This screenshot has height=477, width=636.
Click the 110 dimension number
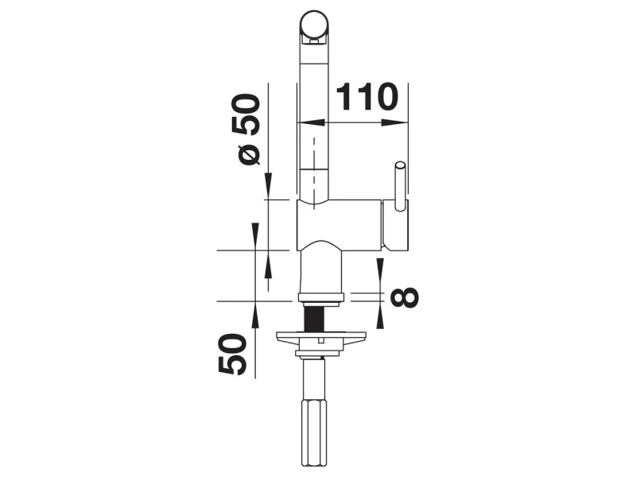tap(367, 97)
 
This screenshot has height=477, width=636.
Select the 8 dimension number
tap(404, 297)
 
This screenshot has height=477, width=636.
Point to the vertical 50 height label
tap(232, 354)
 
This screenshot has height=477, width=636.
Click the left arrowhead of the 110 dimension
tap(312, 122)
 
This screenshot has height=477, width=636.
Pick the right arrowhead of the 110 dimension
tap(394, 122)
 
